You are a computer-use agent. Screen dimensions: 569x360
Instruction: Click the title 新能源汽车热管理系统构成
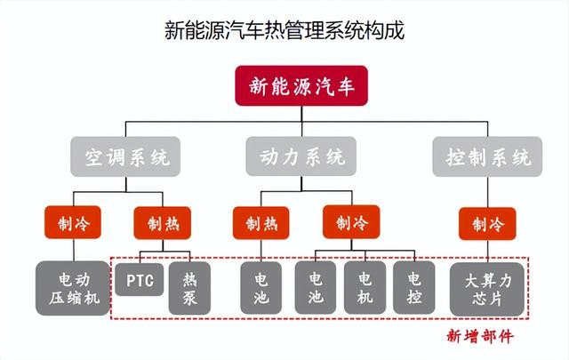(284, 29)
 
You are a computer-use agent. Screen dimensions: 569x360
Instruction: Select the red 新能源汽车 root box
(301, 86)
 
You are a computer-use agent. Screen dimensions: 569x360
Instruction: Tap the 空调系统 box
(125, 156)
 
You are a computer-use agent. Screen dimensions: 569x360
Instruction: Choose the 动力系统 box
(301, 156)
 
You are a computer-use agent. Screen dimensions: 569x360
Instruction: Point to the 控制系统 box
(487, 156)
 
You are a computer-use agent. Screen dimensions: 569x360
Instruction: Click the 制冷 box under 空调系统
(73, 222)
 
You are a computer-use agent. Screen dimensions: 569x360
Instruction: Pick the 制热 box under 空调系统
(163, 223)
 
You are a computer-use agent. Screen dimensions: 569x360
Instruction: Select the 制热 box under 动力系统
(261, 223)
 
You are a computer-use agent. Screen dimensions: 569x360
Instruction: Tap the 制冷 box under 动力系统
(351, 221)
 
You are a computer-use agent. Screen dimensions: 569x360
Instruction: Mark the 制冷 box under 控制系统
(487, 223)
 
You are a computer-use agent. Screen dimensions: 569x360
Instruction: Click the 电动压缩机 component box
(73, 288)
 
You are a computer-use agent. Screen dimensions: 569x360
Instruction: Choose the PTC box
(140, 279)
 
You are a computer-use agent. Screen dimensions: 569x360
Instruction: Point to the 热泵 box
(189, 288)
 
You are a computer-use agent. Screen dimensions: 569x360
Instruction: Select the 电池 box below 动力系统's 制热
(260, 288)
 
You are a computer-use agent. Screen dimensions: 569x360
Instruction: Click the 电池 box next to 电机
(316, 288)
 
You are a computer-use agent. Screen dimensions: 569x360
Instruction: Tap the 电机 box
(365, 288)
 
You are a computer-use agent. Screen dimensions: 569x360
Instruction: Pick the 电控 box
(414, 288)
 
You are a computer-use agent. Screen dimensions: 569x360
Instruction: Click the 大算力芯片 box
(487, 289)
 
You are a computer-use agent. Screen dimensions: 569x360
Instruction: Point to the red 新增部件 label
(480, 336)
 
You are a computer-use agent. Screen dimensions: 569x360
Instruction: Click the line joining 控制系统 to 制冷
(487, 192)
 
